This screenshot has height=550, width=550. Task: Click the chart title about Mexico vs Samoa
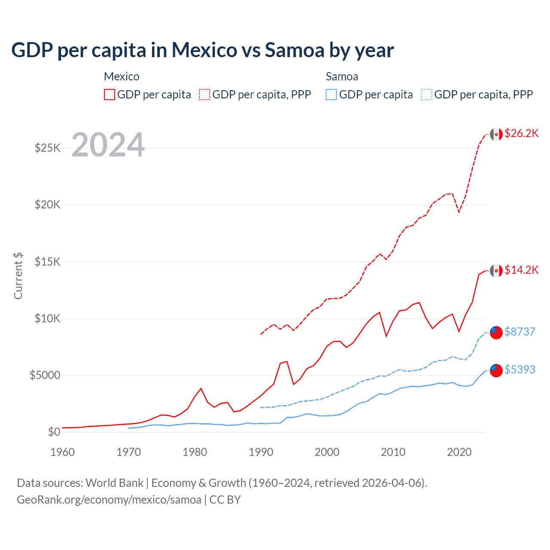pos(202,50)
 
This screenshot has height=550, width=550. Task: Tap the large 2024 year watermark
pos(108,145)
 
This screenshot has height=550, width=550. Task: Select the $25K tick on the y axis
pos(48,148)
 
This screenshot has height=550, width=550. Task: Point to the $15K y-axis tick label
pos(48,262)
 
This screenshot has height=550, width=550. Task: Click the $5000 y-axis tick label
pos(45,376)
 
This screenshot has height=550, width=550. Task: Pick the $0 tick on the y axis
pos(54,432)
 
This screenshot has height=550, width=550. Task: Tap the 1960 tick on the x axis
pos(63,452)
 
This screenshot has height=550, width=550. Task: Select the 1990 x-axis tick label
pos(261,452)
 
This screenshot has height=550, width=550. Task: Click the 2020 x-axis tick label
pos(459,452)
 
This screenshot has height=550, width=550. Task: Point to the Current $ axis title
pos(18,275)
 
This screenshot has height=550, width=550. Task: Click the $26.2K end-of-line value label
pos(522,134)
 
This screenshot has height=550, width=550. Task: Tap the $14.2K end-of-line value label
pos(522,270)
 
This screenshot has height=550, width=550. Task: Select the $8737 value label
pos(520,332)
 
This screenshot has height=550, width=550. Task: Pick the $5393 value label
pos(520,370)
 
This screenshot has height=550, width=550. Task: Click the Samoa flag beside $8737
pos(496,332)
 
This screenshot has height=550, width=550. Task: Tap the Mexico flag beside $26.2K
pos(496,134)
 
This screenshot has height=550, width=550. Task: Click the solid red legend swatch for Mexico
pos(110,95)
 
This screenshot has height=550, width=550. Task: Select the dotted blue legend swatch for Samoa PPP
pos(427,95)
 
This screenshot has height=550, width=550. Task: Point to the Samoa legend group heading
pos(342,76)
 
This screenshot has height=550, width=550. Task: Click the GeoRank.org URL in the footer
pos(109,500)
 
